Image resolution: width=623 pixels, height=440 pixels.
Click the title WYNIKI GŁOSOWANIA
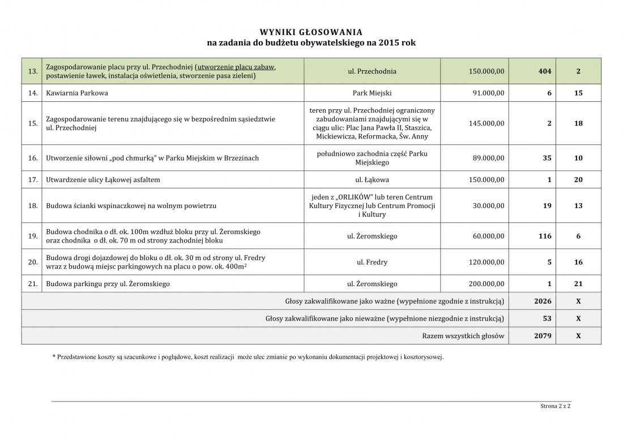click(x=311, y=32)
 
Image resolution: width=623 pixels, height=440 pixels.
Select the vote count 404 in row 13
click(x=544, y=71)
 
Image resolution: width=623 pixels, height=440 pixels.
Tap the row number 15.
click(x=32, y=123)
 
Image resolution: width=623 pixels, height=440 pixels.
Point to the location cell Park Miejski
click(x=372, y=93)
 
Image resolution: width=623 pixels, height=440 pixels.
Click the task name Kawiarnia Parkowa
click(x=77, y=93)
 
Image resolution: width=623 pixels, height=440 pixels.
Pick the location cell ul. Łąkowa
click(x=372, y=180)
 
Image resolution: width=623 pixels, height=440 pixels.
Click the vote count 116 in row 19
click(x=544, y=236)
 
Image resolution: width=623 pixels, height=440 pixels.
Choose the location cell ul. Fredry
click(x=372, y=262)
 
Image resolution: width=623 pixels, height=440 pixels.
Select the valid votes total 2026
click(x=543, y=301)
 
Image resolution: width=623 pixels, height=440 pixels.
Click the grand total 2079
click(x=543, y=336)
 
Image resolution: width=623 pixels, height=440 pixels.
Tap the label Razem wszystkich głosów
click(x=463, y=336)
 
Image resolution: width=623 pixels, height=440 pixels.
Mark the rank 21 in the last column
click(x=578, y=284)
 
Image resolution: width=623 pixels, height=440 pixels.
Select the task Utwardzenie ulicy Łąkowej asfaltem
click(x=103, y=180)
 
